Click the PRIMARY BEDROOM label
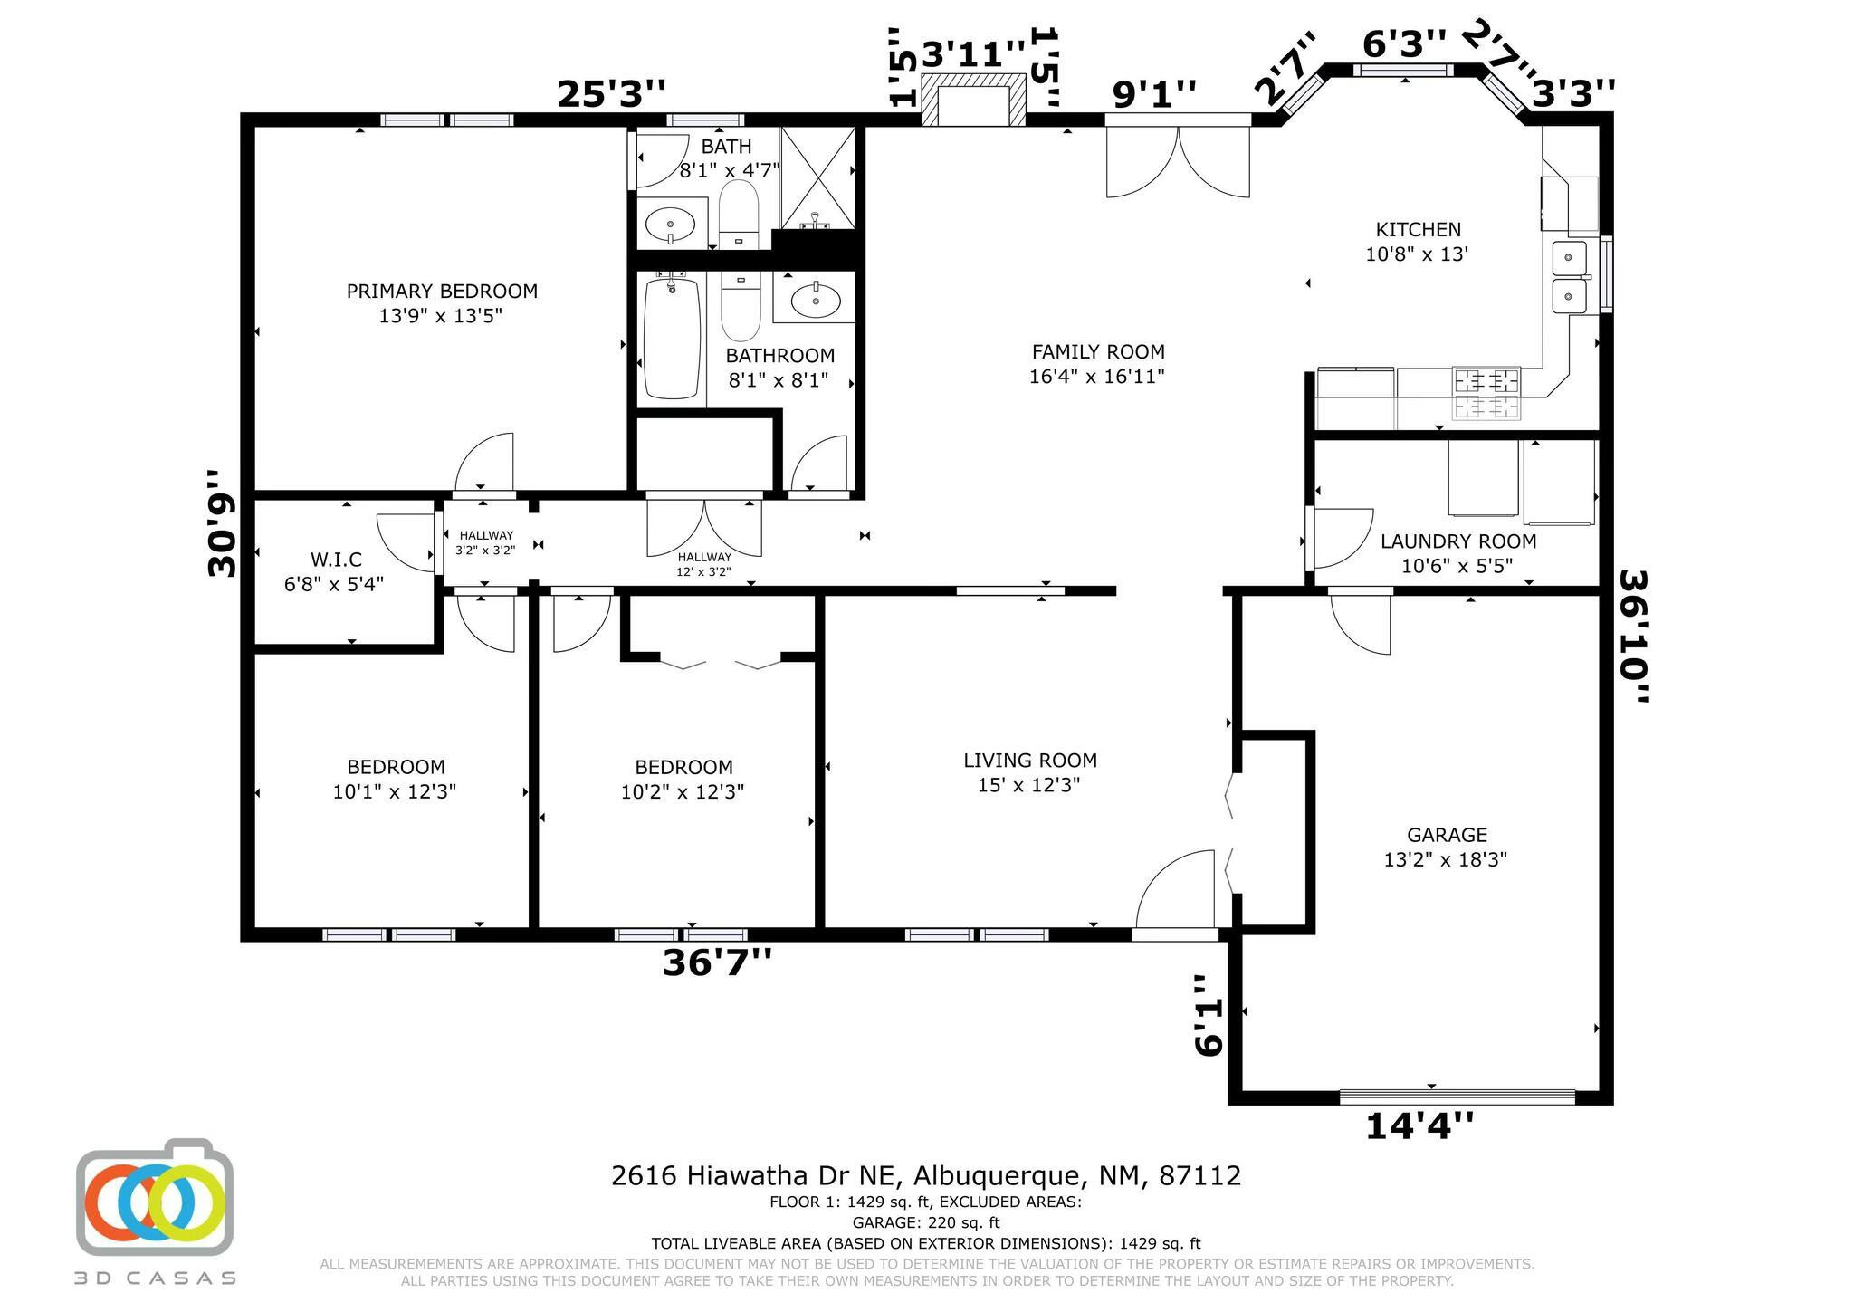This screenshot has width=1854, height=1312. click(x=442, y=292)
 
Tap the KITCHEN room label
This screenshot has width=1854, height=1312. click(x=1418, y=230)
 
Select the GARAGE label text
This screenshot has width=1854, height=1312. click(x=1447, y=835)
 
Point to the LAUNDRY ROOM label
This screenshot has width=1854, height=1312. click(x=1457, y=541)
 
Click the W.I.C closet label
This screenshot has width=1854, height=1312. click(x=336, y=560)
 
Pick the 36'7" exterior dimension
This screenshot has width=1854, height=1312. click(x=717, y=962)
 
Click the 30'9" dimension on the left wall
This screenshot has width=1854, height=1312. click(x=222, y=523)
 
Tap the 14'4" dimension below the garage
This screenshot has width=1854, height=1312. click(x=1419, y=1125)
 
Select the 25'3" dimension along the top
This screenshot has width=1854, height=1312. click(x=611, y=93)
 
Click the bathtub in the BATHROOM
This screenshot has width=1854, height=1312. click(x=672, y=338)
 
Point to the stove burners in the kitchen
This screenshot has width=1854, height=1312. click(x=1486, y=394)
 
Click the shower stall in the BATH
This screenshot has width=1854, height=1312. click(x=817, y=178)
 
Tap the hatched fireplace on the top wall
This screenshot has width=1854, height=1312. click(x=974, y=99)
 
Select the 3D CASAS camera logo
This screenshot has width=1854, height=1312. click(x=154, y=1196)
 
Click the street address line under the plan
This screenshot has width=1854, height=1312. click(x=926, y=1175)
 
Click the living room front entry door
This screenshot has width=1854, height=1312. click(x=1175, y=889)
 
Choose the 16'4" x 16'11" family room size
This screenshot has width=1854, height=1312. click(x=1096, y=376)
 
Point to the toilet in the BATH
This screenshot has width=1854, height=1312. click(x=739, y=214)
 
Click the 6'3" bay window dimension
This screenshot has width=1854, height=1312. click(x=1404, y=43)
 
